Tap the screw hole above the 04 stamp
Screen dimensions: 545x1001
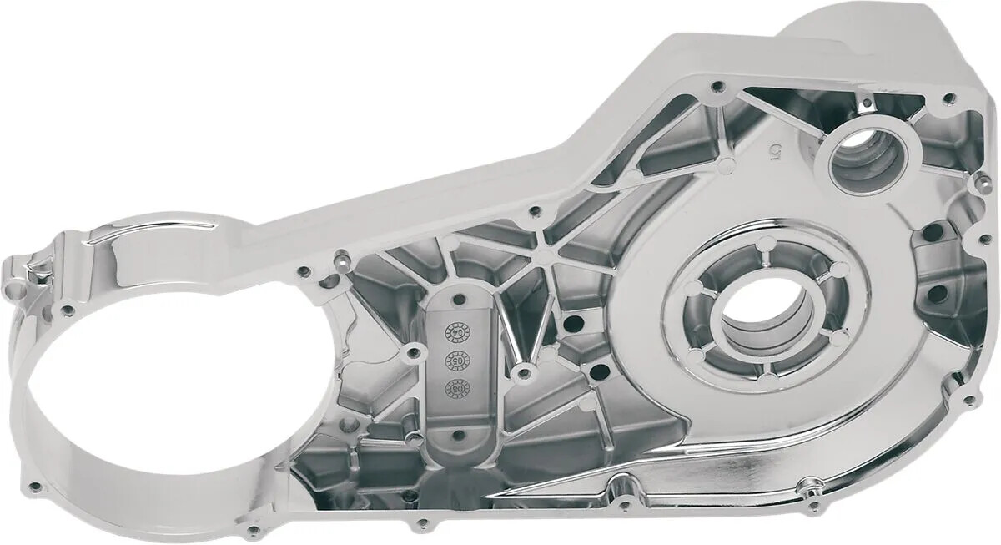[x=460, y=297]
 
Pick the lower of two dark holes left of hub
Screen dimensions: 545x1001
[x=597, y=373]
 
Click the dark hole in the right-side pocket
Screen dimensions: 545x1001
[x=938, y=293]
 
